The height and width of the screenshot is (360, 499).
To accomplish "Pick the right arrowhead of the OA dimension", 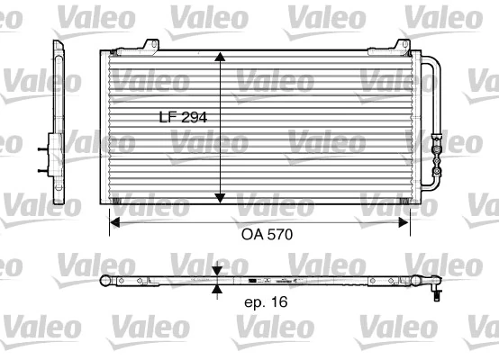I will point(410,220).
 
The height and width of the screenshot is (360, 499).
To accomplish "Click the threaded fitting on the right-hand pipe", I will point(439,144).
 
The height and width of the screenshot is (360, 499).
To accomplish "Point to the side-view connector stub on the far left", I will point(44,153).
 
